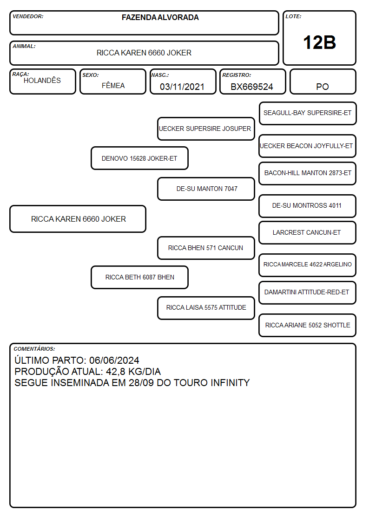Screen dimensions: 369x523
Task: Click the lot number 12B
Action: [319, 43]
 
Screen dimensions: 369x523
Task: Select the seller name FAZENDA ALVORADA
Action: [160, 17]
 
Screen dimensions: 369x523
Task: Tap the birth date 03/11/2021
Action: [182, 87]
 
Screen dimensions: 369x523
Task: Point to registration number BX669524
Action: [252, 87]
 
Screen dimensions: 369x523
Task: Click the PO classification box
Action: [323, 82]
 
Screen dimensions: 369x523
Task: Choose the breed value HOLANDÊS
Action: [42, 81]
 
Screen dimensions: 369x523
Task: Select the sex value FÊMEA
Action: [113, 86]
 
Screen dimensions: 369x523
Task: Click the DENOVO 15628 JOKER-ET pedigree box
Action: [139, 158]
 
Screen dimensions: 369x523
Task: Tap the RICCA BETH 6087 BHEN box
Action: [139, 277]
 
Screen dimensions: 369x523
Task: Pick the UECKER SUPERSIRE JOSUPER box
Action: [206, 129]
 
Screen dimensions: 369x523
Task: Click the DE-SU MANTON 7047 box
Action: [206, 189]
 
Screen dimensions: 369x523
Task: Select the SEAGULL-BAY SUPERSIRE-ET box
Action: [308, 114]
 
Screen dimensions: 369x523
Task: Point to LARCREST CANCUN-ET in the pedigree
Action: [308, 233]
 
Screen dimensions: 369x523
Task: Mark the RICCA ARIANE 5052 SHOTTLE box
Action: [308, 325]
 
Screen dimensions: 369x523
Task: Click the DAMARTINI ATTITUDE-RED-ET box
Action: [308, 292]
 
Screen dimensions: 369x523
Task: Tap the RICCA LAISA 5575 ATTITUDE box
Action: [206, 308]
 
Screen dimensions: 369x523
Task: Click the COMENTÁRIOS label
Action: [34, 349]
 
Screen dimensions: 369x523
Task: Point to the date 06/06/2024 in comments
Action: [114, 360]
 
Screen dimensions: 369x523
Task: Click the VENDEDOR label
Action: [28, 16]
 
